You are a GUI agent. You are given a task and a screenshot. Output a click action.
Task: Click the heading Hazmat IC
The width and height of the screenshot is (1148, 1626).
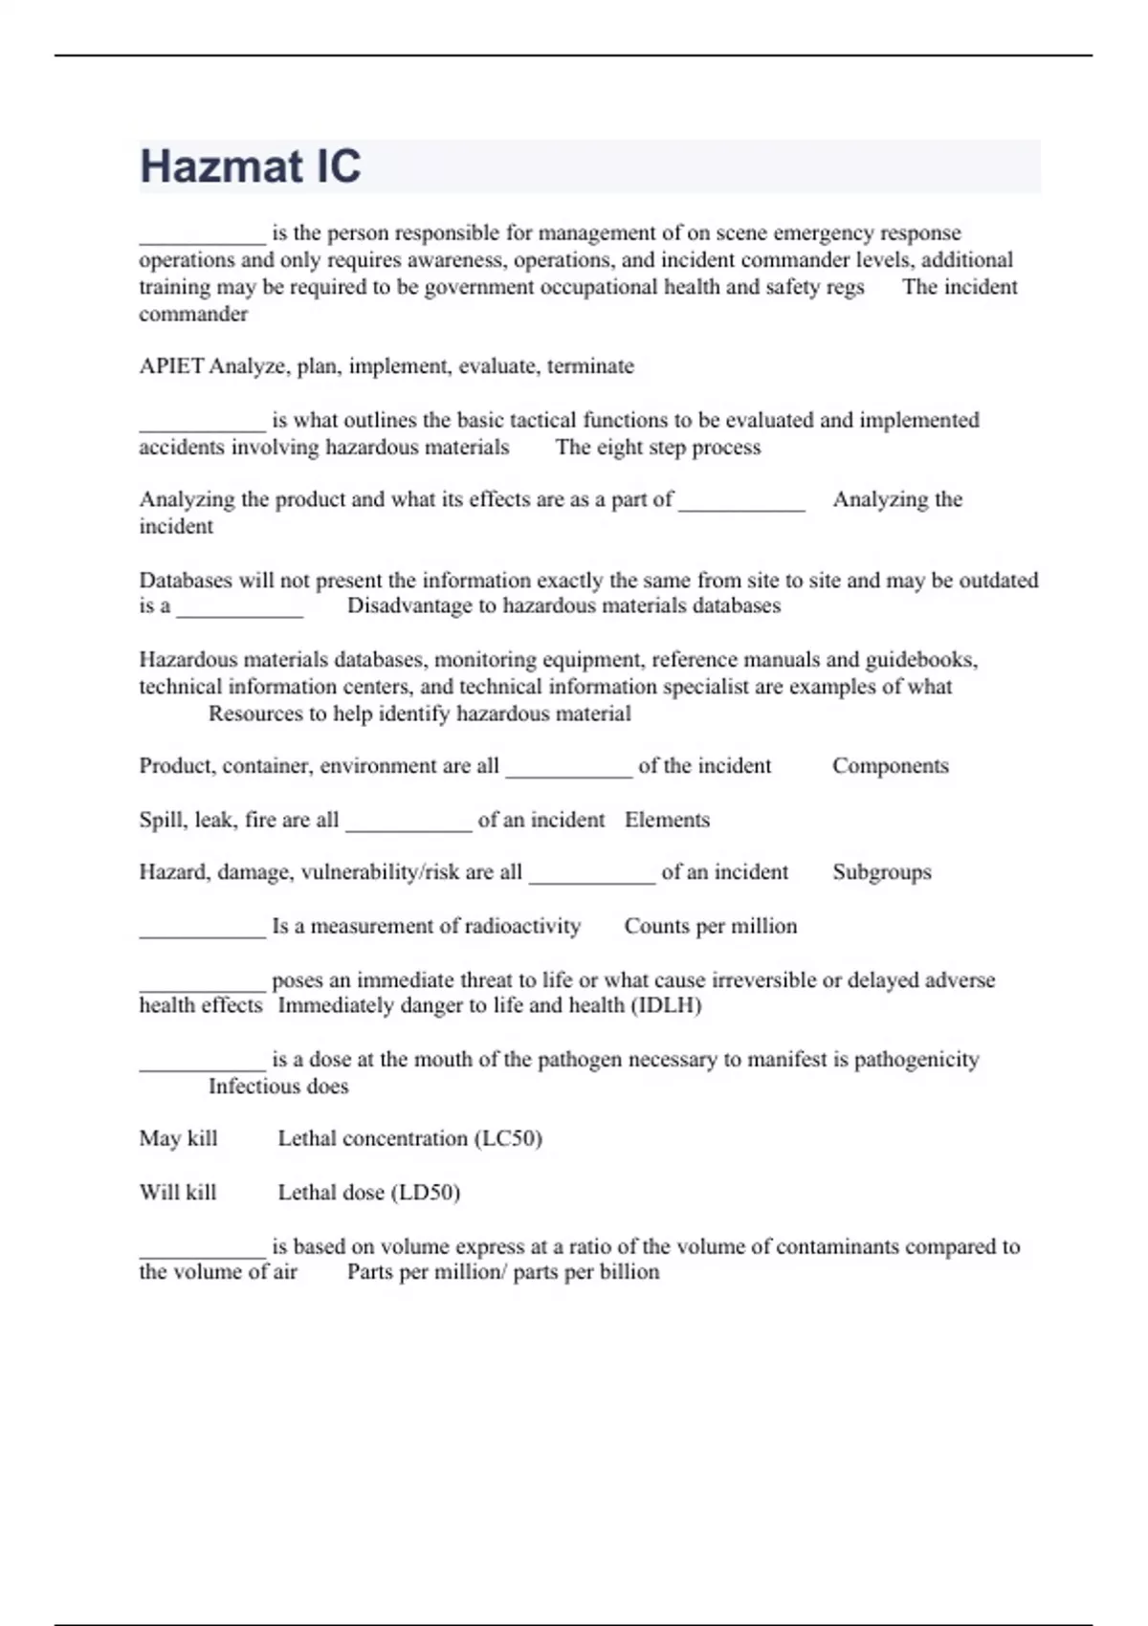(251, 166)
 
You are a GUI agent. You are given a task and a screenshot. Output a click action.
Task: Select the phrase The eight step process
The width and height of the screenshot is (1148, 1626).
(658, 448)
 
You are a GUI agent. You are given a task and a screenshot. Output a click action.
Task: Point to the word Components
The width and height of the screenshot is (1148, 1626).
(890, 766)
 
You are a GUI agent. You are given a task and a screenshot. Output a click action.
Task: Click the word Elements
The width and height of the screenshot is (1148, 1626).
(667, 820)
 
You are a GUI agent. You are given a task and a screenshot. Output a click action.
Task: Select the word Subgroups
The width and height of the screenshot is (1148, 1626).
(881, 872)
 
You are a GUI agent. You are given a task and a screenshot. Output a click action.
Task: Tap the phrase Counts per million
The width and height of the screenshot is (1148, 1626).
(710, 926)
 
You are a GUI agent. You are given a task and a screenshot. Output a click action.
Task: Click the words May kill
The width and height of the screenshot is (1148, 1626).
(178, 1138)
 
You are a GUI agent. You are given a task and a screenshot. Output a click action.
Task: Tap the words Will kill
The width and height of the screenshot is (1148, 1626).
(178, 1193)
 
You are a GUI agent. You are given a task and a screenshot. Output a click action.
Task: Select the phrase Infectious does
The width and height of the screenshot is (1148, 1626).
(278, 1087)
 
